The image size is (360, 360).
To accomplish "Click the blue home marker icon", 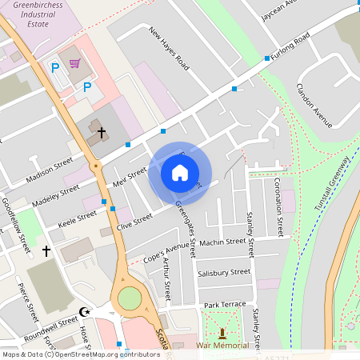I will [x=180, y=172].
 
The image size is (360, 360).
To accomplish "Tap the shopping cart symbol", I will [x=75, y=63].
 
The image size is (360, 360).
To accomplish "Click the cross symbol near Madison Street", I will [x=102, y=130].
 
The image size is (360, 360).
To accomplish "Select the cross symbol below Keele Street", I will [x=46, y=251].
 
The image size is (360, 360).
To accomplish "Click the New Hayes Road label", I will [x=168, y=46].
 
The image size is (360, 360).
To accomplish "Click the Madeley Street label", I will [x=56, y=196].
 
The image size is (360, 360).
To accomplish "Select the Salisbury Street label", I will [x=223, y=273].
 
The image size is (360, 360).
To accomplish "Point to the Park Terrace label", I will [x=225, y=305].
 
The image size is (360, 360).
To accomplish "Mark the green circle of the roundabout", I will [x=129, y=298].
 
